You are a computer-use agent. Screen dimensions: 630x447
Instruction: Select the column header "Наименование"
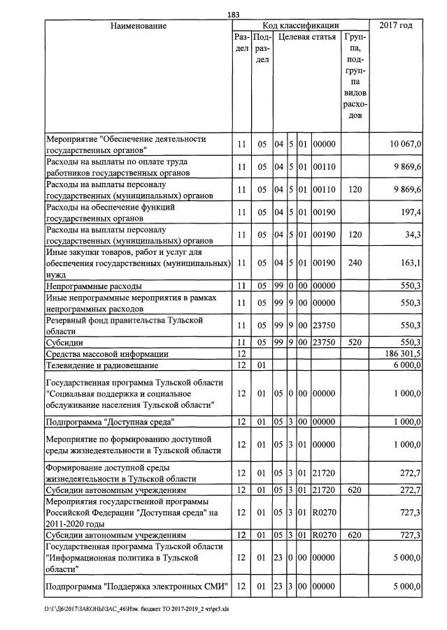[x=138, y=26]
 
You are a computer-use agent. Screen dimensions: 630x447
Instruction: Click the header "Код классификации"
[x=300, y=26]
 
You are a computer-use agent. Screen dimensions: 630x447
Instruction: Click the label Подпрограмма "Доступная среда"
[x=109, y=422]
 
